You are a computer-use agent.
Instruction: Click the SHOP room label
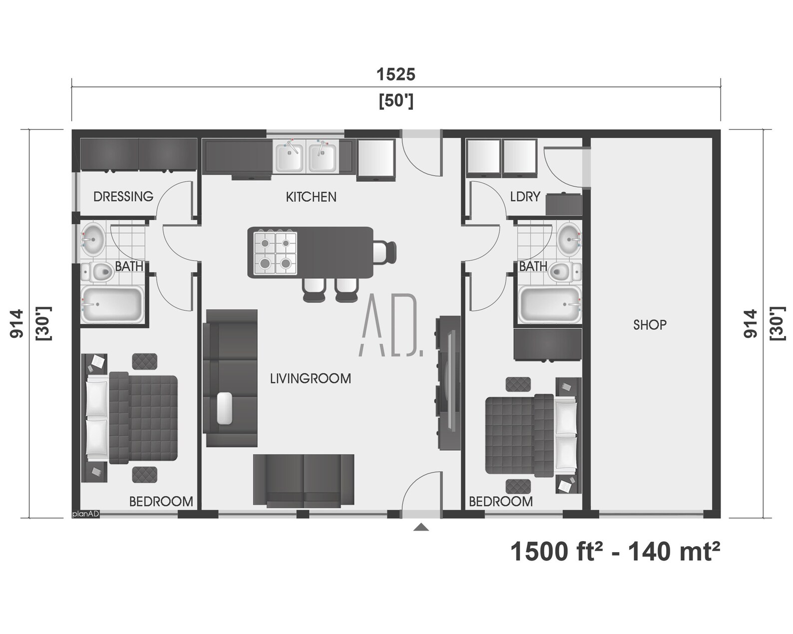(649, 325)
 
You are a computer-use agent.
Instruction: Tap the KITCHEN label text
(311, 197)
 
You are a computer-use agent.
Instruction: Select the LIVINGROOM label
(310, 378)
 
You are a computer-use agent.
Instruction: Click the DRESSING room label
(123, 196)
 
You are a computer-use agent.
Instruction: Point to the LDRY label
(525, 197)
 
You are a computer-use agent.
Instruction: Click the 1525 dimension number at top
(396, 74)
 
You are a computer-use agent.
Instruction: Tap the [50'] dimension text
(396, 101)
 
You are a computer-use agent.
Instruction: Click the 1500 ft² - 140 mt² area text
(615, 552)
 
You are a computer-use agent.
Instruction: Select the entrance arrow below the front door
(421, 527)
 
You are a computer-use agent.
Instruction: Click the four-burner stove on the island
(275, 253)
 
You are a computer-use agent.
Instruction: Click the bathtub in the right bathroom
(549, 304)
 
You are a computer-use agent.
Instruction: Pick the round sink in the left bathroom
(92, 239)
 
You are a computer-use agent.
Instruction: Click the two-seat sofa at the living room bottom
(304, 480)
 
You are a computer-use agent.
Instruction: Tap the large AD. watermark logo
(391, 326)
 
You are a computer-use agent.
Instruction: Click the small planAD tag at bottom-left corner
(85, 514)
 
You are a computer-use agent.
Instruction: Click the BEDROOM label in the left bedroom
(161, 501)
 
